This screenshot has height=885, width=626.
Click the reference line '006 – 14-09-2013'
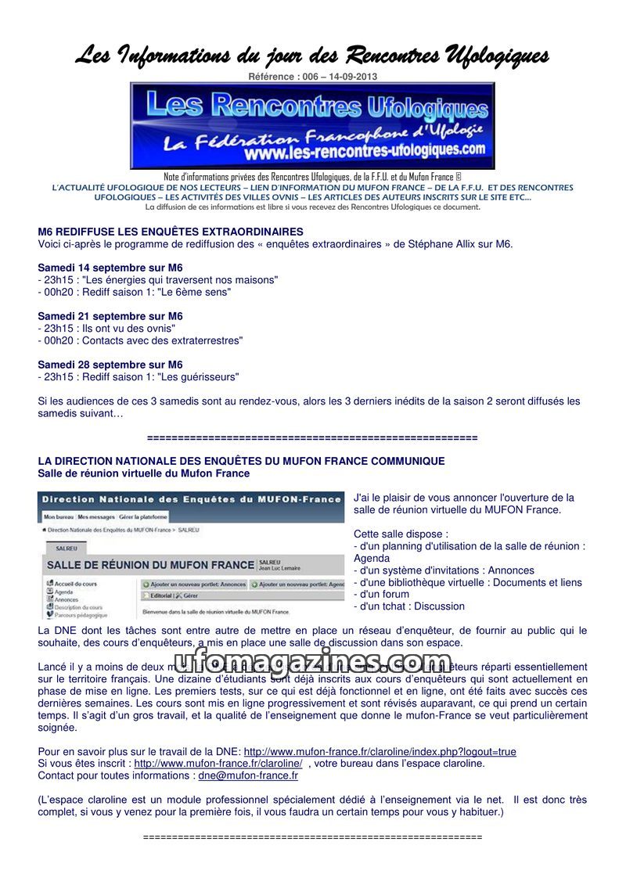312,76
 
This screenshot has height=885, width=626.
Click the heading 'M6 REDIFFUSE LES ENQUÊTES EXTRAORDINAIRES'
171,232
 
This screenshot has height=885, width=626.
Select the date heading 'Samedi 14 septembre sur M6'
110,268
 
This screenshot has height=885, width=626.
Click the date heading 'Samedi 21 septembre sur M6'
110,316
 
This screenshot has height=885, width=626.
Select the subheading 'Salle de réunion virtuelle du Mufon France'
144,473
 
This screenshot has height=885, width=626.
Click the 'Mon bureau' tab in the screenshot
58,517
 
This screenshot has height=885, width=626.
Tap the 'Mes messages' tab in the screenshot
95,517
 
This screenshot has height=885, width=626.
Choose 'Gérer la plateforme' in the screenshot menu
143,517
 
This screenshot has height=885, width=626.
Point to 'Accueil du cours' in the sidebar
74,583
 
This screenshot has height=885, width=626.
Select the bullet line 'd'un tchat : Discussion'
410,606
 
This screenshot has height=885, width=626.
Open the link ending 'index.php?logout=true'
380,751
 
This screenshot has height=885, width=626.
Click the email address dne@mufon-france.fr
248,775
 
